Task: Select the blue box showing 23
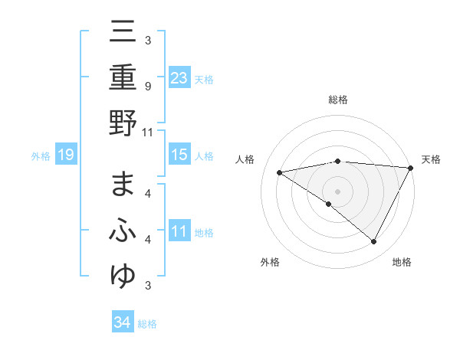click(x=179, y=77)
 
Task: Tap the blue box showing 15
click(x=179, y=155)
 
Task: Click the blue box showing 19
click(x=66, y=155)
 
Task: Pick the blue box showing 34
click(x=122, y=322)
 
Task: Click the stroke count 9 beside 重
click(x=147, y=86)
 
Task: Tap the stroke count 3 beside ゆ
click(x=147, y=286)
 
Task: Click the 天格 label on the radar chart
click(x=431, y=159)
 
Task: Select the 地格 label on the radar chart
click(x=402, y=263)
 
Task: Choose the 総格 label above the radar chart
click(x=337, y=100)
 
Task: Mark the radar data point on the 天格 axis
click(x=411, y=167)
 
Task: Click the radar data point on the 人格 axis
click(x=280, y=172)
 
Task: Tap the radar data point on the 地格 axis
click(x=374, y=241)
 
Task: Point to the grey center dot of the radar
click(x=337, y=191)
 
